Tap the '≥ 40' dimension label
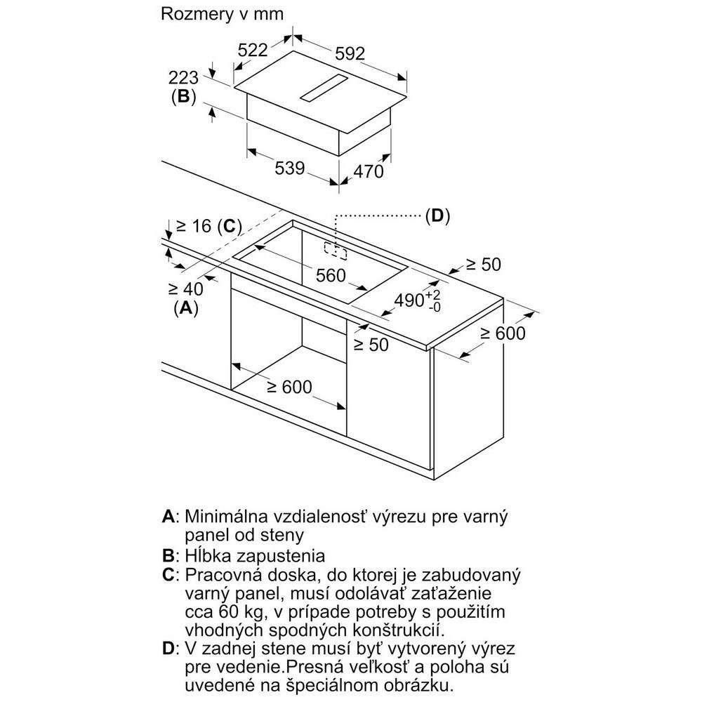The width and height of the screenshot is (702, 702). click(185, 288)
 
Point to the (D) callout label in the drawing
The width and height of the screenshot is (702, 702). click(437, 216)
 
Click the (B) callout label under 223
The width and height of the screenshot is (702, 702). click(183, 97)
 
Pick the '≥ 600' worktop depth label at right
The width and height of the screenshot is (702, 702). click(503, 333)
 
